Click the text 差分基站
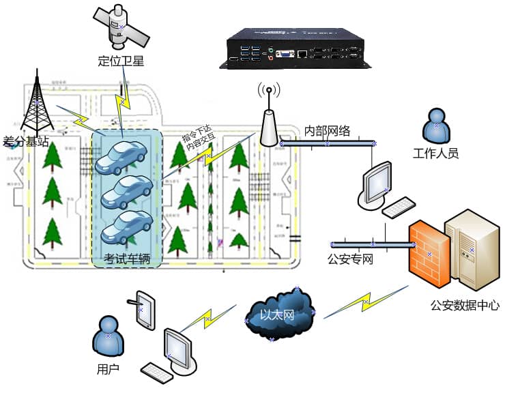tap(26, 142)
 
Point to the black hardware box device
tap(295, 50)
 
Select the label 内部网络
tap(327, 130)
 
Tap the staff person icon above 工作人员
tap(436, 126)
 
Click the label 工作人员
tap(435, 153)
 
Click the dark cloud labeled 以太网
tap(280, 315)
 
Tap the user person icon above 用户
tap(109, 336)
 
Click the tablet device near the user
tap(145, 310)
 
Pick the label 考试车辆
tap(126, 259)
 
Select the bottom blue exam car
tap(127, 227)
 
